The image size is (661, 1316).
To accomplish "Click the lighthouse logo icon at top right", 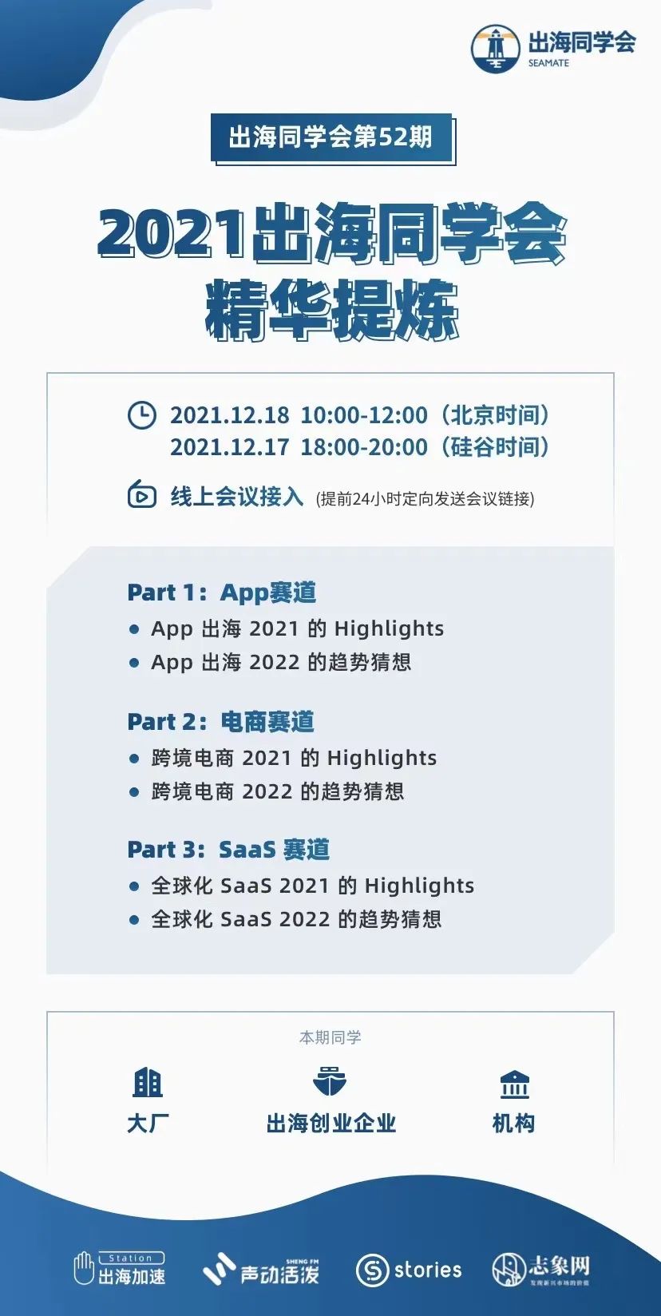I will pyautogui.click(x=496, y=48).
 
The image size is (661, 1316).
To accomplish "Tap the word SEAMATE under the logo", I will pyautogui.click(x=548, y=63).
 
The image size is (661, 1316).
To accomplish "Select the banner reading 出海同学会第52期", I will pyautogui.click(x=331, y=137).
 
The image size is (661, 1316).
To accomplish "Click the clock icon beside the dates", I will pyautogui.click(x=142, y=415).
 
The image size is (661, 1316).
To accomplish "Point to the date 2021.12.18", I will pyautogui.click(x=230, y=415).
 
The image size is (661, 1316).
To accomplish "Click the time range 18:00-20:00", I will pyautogui.click(x=364, y=447).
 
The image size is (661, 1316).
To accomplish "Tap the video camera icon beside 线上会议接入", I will pyautogui.click(x=142, y=495).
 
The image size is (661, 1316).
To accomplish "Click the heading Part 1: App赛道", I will pyautogui.click(x=222, y=593).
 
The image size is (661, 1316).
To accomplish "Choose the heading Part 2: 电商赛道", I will pyautogui.click(x=220, y=722).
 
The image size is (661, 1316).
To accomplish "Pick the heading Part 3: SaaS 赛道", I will pyautogui.click(x=228, y=850).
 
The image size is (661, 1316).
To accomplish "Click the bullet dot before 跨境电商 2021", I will pyautogui.click(x=134, y=759).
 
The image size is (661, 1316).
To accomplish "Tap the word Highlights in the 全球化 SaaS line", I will pyautogui.click(x=419, y=886).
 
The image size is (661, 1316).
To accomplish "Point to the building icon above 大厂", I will pyautogui.click(x=148, y=1083).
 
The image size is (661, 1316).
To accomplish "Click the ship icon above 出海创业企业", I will pyautogui.click(x=330, y=1082).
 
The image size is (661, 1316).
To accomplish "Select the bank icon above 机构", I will pyautogui.click(x=514, y=1084).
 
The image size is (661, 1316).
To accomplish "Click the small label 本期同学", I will pyautogui.click(x=330, y=1037).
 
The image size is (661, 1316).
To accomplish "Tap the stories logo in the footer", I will pyautogui.click(x=409, y=1270).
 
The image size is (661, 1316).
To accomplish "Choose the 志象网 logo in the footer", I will pyautogui.click(x=541, y=1269).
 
